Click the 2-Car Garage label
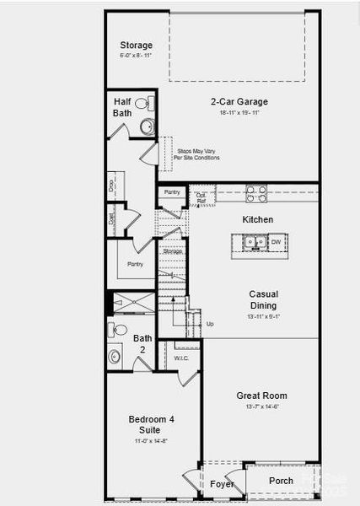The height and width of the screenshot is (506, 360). click(x=239, y=102)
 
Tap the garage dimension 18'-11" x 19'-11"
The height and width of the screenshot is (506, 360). click(x=239, y=112)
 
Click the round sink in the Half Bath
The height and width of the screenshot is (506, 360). click(x=146, y=127)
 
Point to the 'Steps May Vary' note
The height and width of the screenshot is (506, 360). click(x=196, y=154)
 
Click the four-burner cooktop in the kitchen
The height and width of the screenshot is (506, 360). click(x=255, y=191)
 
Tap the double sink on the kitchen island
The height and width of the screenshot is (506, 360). click(x=252, y=243)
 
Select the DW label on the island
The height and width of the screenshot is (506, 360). click(x=276, y=243)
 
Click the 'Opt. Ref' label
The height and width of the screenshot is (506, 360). click(x=201, y=198)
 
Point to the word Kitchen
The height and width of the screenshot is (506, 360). click(x=258, y=219)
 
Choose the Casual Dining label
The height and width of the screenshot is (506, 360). click(x=263, y=299)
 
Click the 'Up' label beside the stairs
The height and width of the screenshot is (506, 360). click(x=209, y=323)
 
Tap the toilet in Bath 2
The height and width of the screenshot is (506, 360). click(x=119, y=330)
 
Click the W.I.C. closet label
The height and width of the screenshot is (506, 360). click(x=181, y=358)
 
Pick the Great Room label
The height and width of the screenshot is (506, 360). click(x=262, y=396)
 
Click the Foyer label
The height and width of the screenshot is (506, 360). click(x=222, y=484)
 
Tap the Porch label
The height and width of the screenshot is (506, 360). click(x=281, y=481)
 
